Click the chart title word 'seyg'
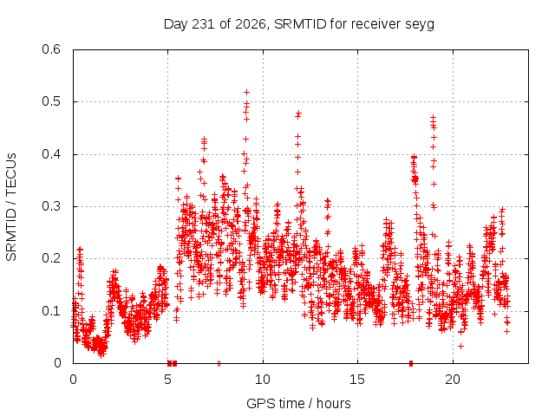point(421,25)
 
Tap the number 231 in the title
point(203,24)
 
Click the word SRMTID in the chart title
point(300,24)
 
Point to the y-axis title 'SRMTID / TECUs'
point(11,207)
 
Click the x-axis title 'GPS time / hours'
point(298,403)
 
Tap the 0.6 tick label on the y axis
point(51,49)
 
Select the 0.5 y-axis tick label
point(51,101)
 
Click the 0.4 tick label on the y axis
point(51,154)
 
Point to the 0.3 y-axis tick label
point(51,206)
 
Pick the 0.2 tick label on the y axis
point(51,258)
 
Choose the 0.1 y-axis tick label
point(51,311)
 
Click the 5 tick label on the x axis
point(167,380)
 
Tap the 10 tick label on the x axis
point(263,380)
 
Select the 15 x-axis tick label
point(357,380)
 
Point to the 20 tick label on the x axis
point(453,380)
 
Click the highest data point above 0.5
point(246,93)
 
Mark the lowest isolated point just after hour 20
point(460,346)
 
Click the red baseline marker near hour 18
point(411,363)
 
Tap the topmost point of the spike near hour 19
point(433,117)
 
